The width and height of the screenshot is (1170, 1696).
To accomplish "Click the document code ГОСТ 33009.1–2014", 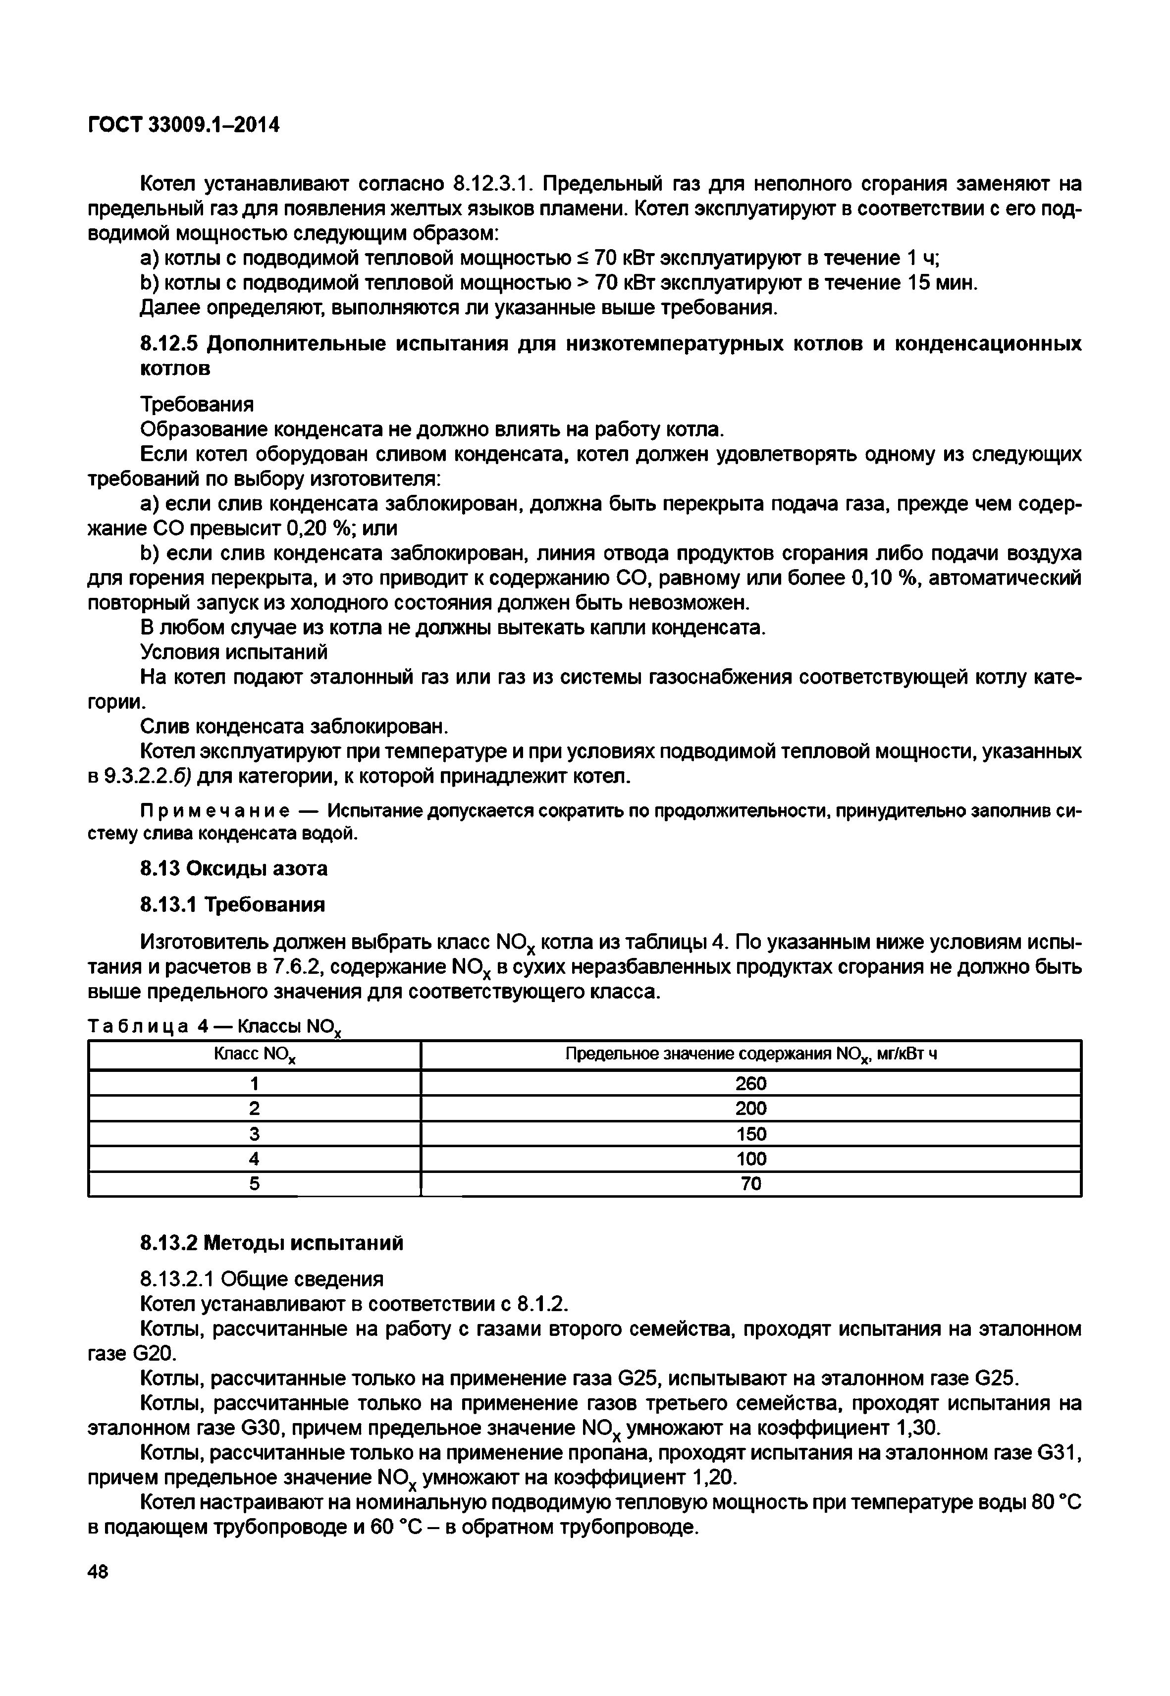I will pos(183,125).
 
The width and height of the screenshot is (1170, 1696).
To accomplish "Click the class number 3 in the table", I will pos(255,1134).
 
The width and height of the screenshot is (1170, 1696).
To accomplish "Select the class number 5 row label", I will pos(255,1184).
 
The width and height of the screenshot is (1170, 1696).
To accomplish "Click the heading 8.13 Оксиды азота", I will pos(234,868).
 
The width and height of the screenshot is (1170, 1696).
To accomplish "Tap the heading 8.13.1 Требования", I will pos(232,905).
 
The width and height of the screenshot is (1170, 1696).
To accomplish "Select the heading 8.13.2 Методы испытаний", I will pos(271,1243).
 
